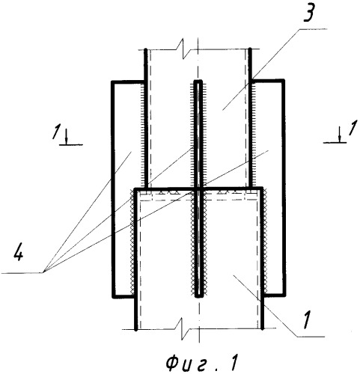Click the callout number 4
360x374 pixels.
click(18, 254)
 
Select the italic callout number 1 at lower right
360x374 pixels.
click(307, 320)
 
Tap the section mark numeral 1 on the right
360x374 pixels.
click(352, 129)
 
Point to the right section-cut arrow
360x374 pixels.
click(339, 135)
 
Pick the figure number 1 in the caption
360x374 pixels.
click(234, 363)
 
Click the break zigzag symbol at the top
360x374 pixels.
click(184, 49)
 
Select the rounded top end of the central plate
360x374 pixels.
click(198, 82)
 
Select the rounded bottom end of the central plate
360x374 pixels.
click(198, 296)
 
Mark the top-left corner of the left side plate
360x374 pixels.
click(112, 82)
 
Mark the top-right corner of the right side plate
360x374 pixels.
click(284, 80)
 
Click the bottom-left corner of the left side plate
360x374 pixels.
click(114, 296)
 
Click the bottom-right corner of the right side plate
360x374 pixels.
click(284, 295)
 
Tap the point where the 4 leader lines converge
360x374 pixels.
click(43, 273)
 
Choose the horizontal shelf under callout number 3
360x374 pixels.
click(314, 29)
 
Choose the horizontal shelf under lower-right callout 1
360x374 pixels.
click(311, 337)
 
